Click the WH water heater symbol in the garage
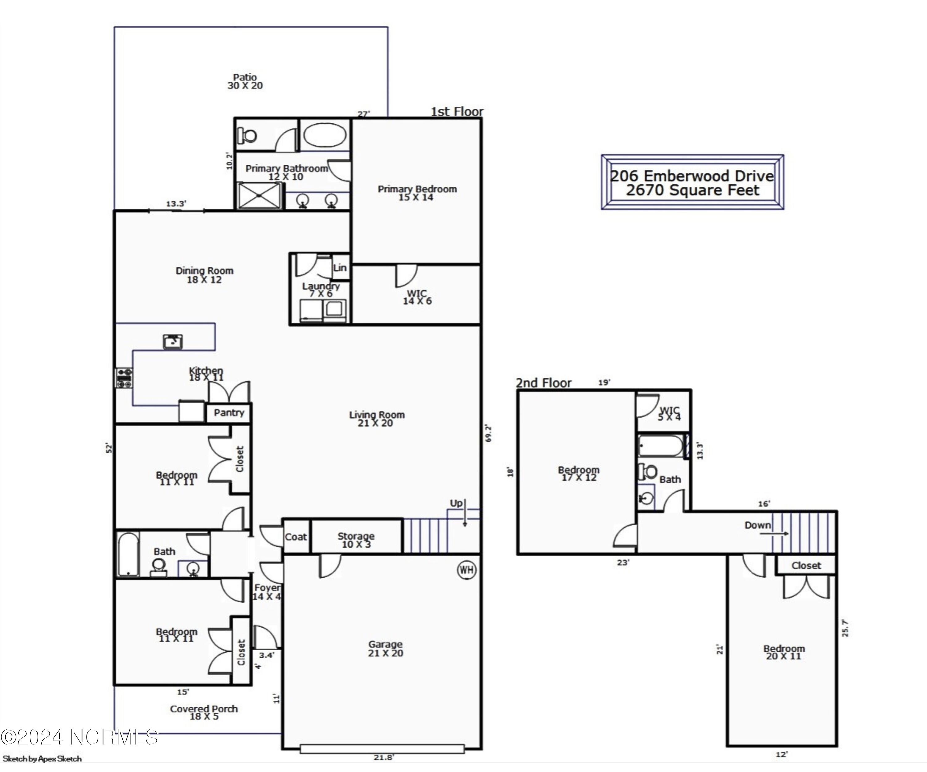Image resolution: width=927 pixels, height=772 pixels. pyautogui.click(x=467, y=570)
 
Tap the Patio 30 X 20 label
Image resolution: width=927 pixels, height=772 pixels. pyautogui.click(x=245, y=82)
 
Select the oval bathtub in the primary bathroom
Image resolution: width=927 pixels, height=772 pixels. pyautogui.click(x=325, y=135)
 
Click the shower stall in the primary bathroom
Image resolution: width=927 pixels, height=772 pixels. pyautogui.click(x=259, y=196)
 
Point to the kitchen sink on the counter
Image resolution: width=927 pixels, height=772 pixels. pyautogui.click(x=173, y=341)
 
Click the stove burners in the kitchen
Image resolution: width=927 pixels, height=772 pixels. pyautogui.click(x=124, y=378)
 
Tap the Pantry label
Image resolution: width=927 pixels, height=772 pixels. pyautogui.click(x=229, y=413)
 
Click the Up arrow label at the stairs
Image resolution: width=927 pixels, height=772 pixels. pyautogui.click(x=456, y=503)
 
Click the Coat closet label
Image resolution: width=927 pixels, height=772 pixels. pyautogui.click(x=296, y=537)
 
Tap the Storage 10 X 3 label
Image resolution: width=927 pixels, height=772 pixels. pyautogui.click(x=356, y=540)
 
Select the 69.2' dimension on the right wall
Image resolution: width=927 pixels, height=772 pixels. pyautogui.click(x=488, y=434)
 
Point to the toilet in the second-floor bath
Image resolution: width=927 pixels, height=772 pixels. pyautogui.click(x=648, y=471)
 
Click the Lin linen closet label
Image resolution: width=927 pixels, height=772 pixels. pyautogui.click(x=340, y=268)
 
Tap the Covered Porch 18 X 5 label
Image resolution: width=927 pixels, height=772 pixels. pyautogui.click(x=204, y=712)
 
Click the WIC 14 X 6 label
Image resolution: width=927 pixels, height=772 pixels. pyautogui.click(x=417, y=297)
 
